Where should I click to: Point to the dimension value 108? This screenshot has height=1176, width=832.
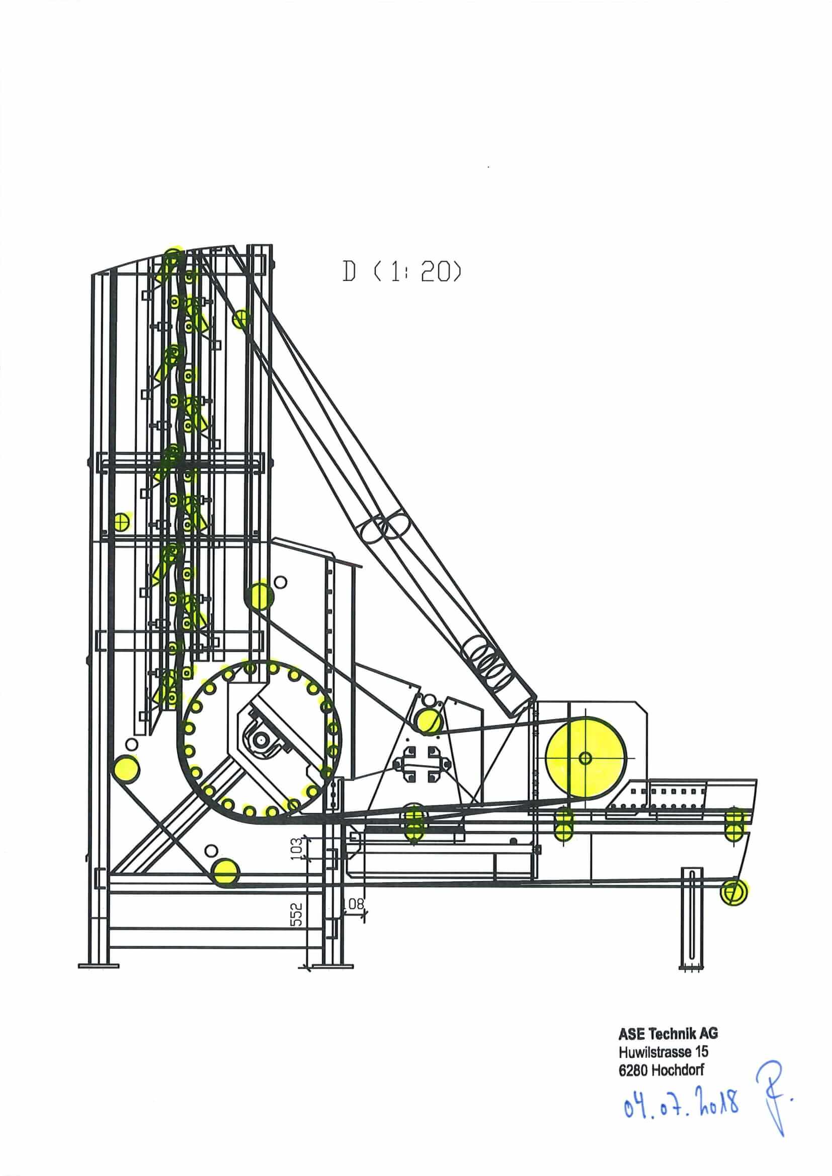pyautogui.click(x=353, y=904)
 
